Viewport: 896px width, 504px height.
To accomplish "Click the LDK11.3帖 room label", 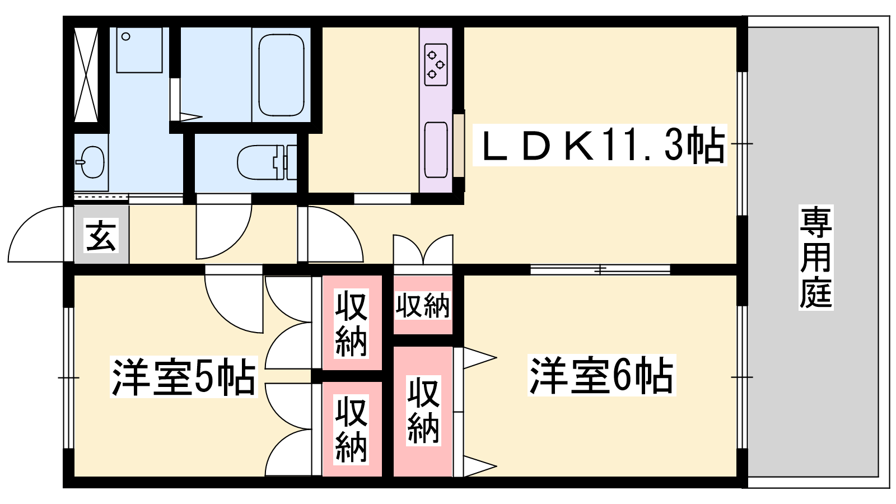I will coord(599,145).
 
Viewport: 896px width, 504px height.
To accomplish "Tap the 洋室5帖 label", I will coord(184,376).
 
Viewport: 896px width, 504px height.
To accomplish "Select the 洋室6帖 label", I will coord(601,375).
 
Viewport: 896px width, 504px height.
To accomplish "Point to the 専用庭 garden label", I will coord(815,258).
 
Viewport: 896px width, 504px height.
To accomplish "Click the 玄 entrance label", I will coord(101,235).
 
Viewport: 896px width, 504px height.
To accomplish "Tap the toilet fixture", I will coord(263,162).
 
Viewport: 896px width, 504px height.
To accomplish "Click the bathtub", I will coord(281,74).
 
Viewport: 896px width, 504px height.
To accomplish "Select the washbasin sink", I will coord(91,162).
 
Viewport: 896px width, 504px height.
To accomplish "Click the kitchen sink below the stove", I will coord(436,150).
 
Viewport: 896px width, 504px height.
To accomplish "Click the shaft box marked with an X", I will coord(86,74).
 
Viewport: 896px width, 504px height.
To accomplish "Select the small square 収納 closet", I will coord(422,306).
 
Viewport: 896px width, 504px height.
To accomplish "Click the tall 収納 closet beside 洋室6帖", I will coord(422,412).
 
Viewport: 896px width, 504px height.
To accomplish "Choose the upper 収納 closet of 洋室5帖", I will coord(352,323).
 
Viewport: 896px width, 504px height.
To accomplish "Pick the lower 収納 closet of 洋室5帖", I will coord(352,429).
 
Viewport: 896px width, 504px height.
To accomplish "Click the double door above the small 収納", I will coord(423,250).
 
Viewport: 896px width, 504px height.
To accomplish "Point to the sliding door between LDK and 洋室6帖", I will coord(600,270).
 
